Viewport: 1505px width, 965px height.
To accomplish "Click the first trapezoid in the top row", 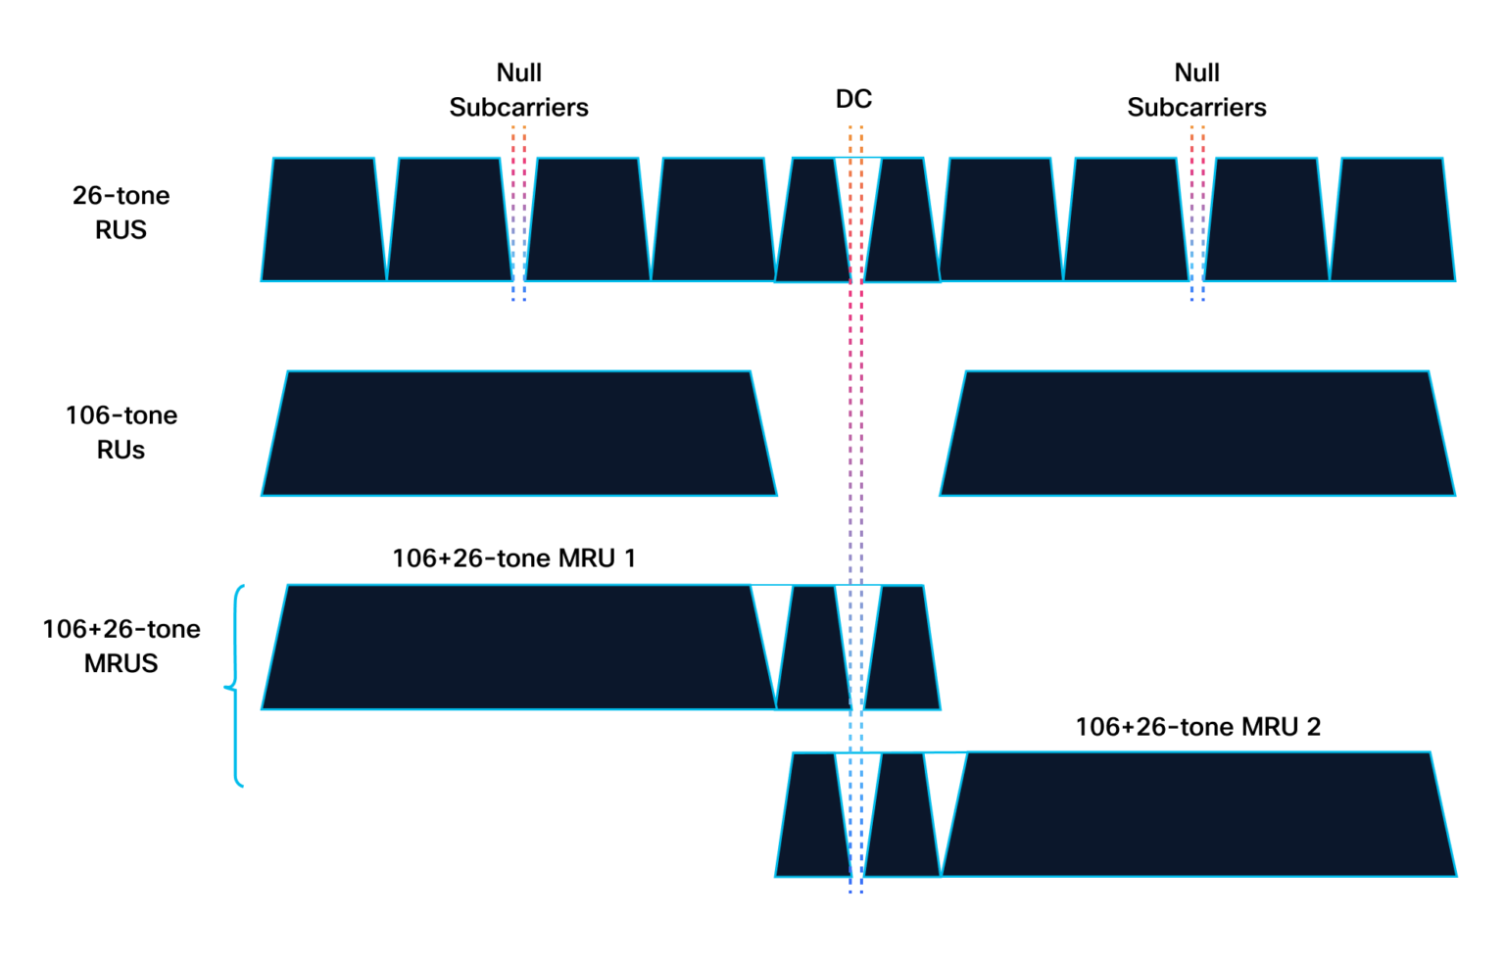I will [323, 219].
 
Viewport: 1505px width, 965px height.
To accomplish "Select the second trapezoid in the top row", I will [450, 219].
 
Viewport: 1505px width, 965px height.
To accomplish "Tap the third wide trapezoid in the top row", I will [587, 219].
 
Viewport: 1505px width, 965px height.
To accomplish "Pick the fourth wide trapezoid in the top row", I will [713, 219].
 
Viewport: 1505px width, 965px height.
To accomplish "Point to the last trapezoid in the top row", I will [1392, 219].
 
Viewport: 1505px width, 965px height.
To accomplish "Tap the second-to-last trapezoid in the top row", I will [1266, 219].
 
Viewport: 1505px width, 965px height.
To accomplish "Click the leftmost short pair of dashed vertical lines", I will [518, 214].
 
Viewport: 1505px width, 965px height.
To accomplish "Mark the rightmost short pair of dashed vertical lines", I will [1197, 214].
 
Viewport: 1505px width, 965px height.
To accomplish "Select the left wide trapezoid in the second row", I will [519, 433].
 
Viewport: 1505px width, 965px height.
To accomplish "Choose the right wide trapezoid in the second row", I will [1197, 433].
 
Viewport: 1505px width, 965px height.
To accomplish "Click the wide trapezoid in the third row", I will [519, 647].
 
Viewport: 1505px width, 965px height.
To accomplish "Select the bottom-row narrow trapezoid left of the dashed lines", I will [812, 815].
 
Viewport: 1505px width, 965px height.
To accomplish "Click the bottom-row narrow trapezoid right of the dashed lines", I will [902, 815].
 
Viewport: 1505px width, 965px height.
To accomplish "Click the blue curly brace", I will [235, 686].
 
